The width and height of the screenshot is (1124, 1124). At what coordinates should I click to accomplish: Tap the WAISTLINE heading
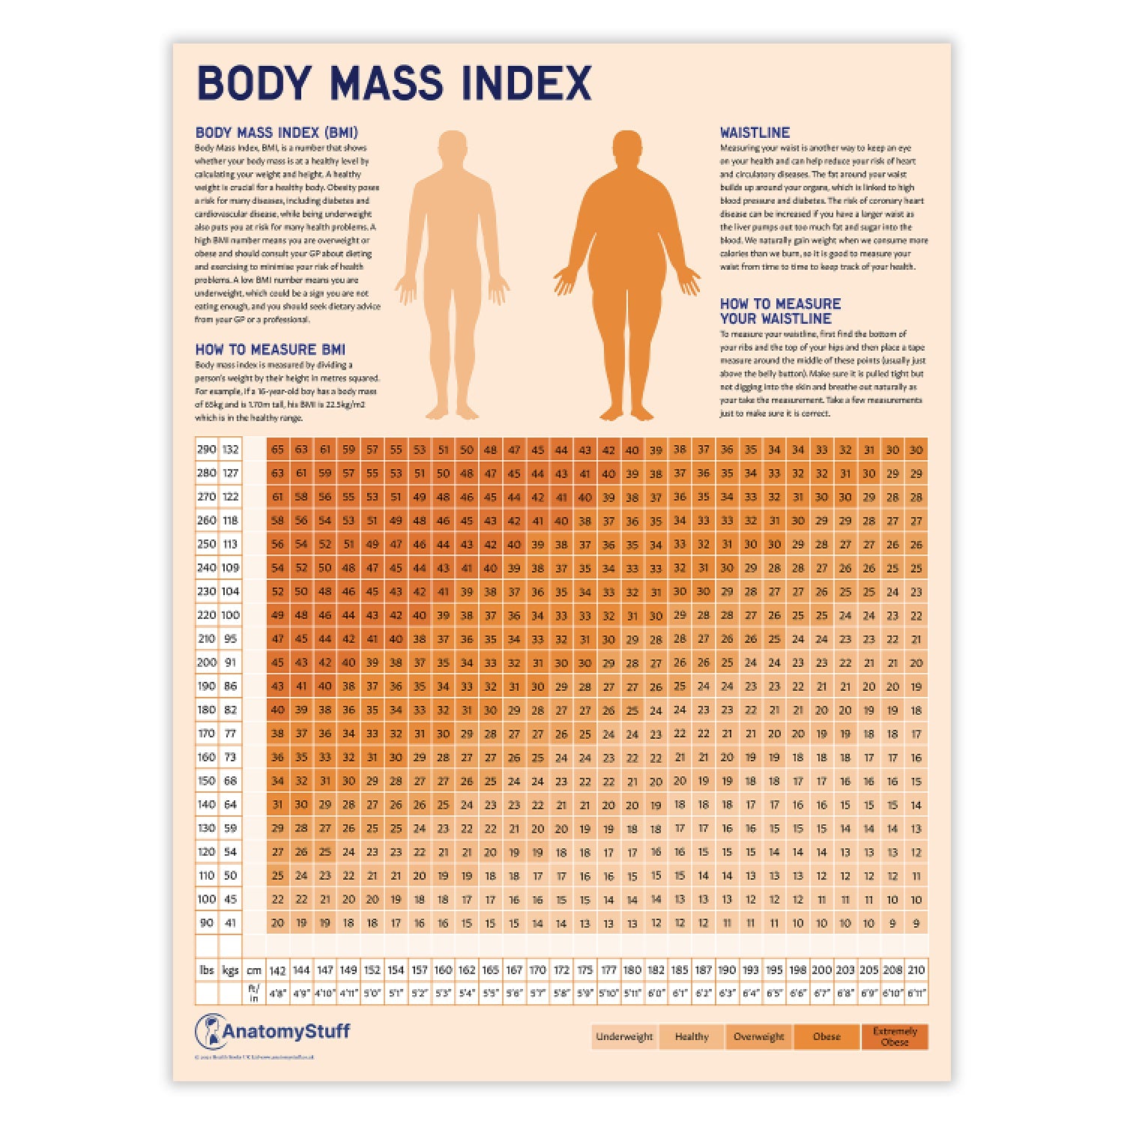tap(755, 133)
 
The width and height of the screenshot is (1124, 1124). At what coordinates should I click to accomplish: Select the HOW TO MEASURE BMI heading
tap(270, 349)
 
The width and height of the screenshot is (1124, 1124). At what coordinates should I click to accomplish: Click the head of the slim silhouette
tap(452, 148)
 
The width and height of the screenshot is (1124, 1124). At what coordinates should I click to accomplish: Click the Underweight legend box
tap(624, 1036)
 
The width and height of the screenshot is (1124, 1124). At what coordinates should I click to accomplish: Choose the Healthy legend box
tap(691, 1036)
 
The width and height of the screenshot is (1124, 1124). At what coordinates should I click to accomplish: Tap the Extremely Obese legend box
tap(895, 1036)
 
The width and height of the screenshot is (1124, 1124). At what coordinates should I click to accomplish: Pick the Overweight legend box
tap(758, 1036)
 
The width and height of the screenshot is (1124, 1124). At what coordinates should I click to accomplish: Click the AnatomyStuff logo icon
tap(211, 1031)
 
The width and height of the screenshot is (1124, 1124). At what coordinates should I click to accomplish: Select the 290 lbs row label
tap(206, 450)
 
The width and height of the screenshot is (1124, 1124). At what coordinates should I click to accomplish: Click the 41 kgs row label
tap(230, 923)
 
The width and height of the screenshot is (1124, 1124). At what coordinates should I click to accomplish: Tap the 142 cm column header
tap(277, 970)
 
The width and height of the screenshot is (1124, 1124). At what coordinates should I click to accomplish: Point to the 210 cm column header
tap(916, 970)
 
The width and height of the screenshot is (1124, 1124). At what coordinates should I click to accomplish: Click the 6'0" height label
tap(656, 994)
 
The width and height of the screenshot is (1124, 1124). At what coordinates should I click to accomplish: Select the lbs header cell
tap(206, 970)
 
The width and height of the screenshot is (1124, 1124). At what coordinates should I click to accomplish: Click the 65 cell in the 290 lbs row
tap(277, 450)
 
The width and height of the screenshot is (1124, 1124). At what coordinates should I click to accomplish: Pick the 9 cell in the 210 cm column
tap(916, 923)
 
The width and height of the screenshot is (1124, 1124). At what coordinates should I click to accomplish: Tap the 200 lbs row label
tap(206, 662)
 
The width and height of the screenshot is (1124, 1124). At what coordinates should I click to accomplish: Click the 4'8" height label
tap(277, 994)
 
